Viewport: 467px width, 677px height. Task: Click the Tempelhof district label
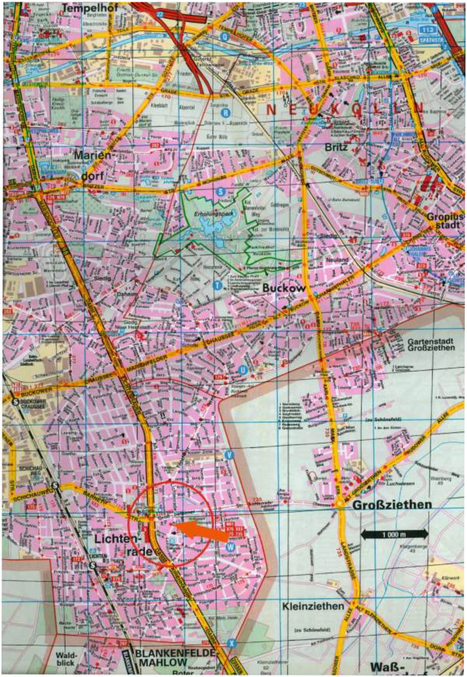click(x=91, y=8)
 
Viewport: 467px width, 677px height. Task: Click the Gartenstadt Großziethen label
click(x=431, y=344)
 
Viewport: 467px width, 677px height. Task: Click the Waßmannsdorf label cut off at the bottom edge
click(x=389, y=669)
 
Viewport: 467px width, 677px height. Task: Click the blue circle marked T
click(x=217, y=285)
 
